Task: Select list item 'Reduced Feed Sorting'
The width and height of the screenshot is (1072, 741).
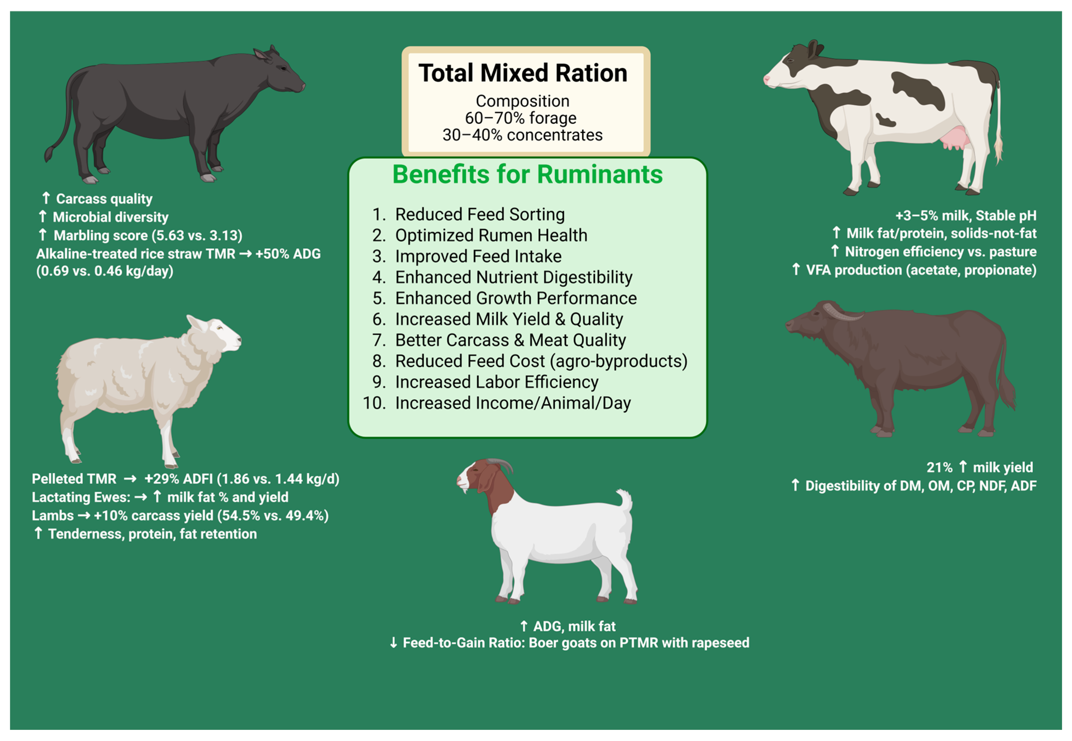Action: pos(479,215)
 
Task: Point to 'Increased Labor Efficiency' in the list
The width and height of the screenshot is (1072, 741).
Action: pos(496,382)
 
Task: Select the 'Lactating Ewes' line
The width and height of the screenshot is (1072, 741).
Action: pos(160,497)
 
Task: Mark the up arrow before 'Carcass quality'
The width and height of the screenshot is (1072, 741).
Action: pos(46,198)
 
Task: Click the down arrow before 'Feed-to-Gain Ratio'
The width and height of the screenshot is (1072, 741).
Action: pos(393,643)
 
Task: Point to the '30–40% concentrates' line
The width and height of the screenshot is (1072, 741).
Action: pos(522,135)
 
